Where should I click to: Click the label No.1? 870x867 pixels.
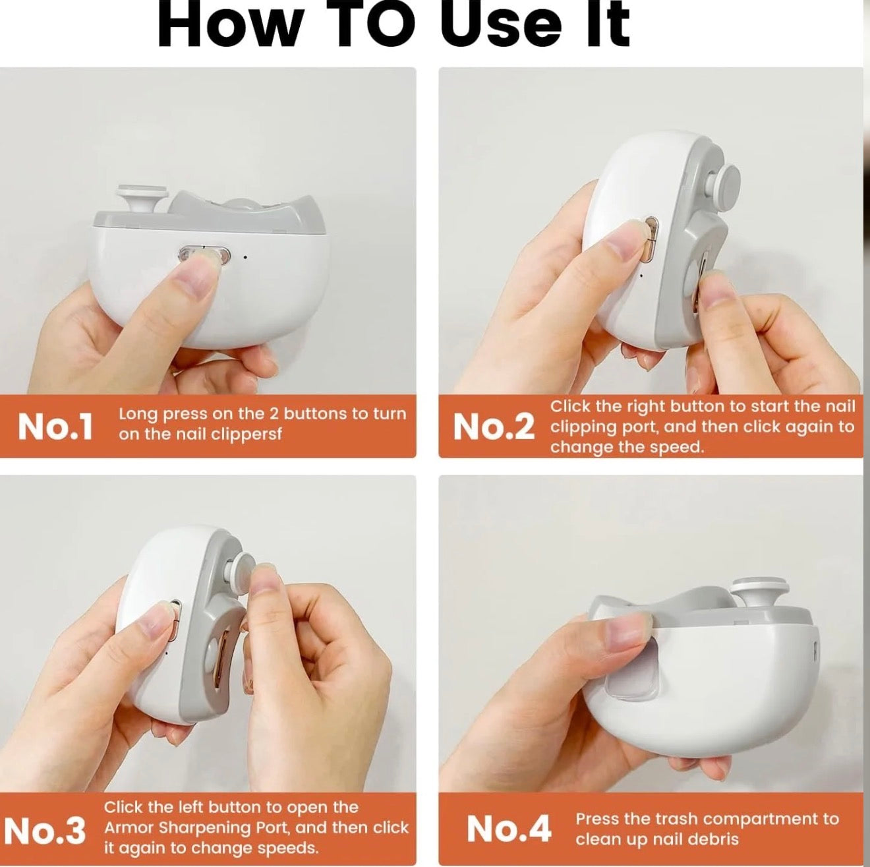click(x=55, y=427)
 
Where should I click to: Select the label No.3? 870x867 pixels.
click(x=45, y=830)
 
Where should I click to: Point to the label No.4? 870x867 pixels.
click(x=508, y=829)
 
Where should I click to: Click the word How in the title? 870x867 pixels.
click(x=228, y=25)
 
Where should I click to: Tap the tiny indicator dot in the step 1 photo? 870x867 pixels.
click(x=245, y=256)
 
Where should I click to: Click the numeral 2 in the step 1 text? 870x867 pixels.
click(x=275, y=414)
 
